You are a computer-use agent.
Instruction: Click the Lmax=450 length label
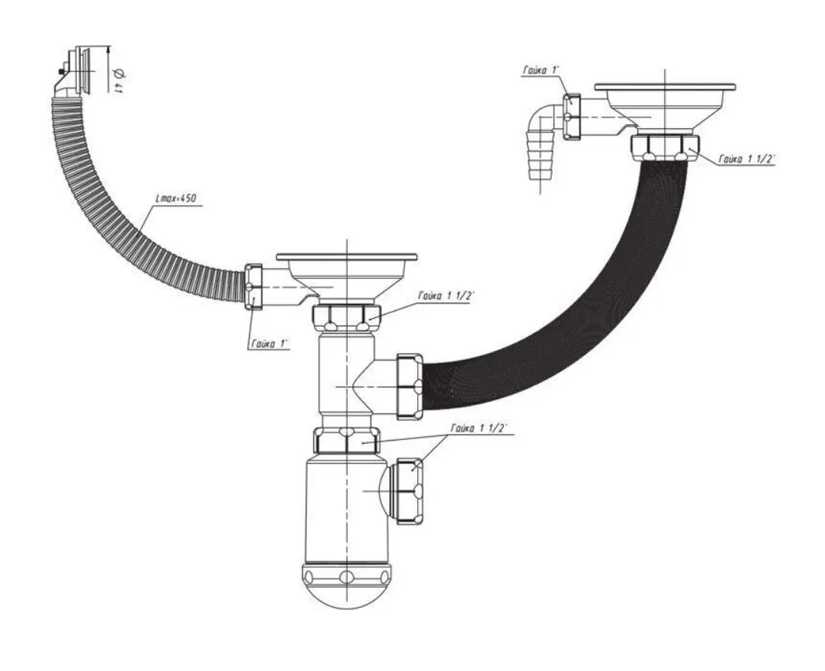(175, 199)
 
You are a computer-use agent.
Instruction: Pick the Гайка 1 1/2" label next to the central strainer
(446, 296)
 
